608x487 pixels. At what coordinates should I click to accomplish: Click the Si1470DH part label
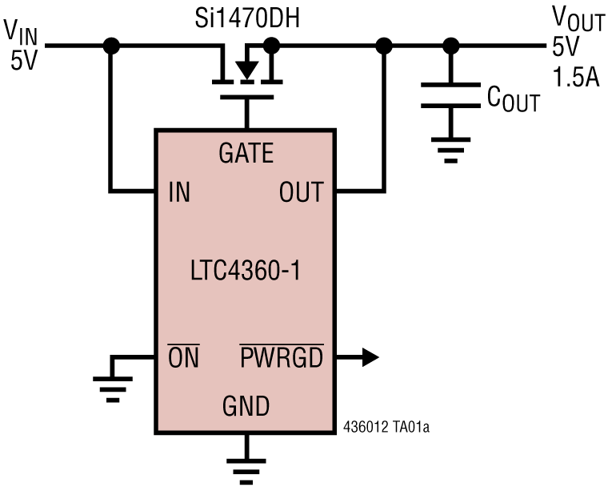click(247, 18)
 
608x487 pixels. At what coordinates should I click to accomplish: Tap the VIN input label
click(22, 45)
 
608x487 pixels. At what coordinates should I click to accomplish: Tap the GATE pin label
click(246, 151)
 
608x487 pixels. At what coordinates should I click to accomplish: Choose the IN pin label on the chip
click(180, 192)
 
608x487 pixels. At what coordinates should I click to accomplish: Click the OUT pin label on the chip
click(301, 192)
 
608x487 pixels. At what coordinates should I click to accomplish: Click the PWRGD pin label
click(282, 357)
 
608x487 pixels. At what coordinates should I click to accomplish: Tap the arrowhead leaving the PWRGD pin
click(369, 357)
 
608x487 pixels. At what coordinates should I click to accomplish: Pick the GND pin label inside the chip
click(246, 407)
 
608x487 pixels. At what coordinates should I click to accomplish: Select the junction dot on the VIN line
click(112, 46)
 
